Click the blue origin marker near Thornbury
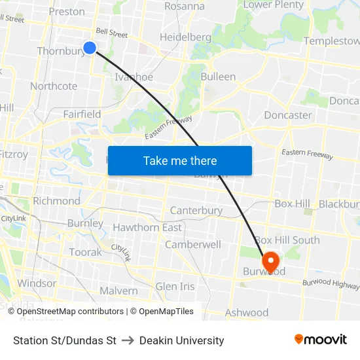tap(90, 47)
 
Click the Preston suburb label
tap(67, 11)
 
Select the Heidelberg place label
tap(185, 37)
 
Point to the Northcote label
tap(54, 86)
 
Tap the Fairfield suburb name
tap(82, 114)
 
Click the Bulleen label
tap(218, 77)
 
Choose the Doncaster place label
tap(288, 115)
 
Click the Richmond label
tap(56, 201)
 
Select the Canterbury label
tap(196, 211)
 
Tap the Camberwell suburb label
tap(193, 244)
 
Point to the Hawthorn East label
tap(147, 227)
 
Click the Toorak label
tap(85, 252)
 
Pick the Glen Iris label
tap(175, 287)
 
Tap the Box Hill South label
tap(287, 240)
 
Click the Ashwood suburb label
tap(247, 313)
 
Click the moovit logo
tap(320, 340)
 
